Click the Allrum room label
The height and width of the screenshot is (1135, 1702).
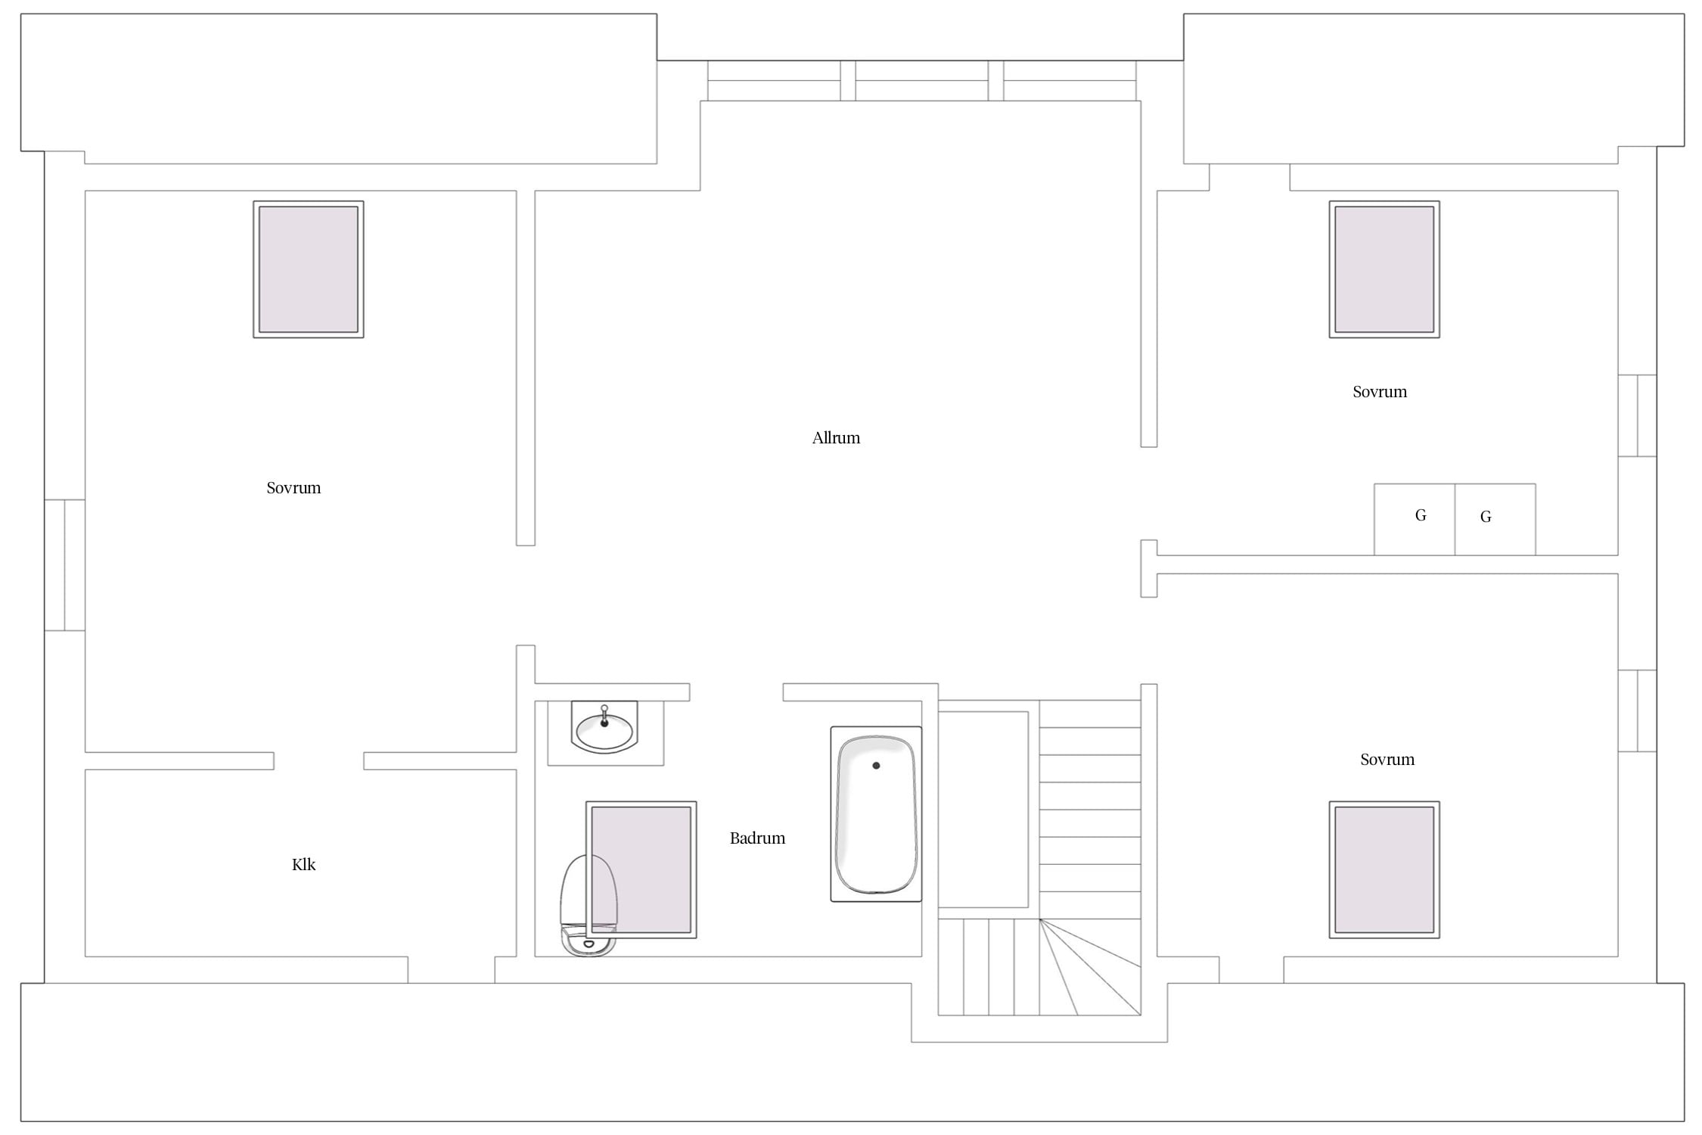[836, 438]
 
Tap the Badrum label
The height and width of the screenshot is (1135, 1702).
[757, 838]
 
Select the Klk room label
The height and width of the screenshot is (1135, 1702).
[303, 865]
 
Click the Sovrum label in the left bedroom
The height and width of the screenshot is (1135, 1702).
[294, 488]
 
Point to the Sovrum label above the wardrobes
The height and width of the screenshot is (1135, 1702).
[1380, 392]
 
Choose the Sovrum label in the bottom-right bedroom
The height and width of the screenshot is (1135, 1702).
[1387, 760]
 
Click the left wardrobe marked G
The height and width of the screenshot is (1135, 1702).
[1414, 520]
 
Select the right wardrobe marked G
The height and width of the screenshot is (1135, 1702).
[1495, 520]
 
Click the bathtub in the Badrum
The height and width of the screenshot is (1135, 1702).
[876, 814]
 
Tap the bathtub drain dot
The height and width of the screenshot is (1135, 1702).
[876, 766]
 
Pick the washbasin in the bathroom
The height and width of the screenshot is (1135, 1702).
[604, 727]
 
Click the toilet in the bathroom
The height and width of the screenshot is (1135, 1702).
[589, 906]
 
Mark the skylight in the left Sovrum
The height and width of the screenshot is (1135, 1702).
[309, 269]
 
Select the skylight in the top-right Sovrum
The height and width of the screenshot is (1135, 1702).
[1384, 269]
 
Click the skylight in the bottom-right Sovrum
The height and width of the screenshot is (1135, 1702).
[1384, 870]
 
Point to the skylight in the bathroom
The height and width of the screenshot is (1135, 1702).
[641, 870]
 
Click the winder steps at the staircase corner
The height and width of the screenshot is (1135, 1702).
[1090, 967]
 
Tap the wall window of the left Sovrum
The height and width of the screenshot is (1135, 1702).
[64, 565]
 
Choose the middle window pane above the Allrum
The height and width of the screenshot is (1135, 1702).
[921, 80]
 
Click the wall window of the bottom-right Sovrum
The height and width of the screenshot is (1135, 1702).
[1637, 711]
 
